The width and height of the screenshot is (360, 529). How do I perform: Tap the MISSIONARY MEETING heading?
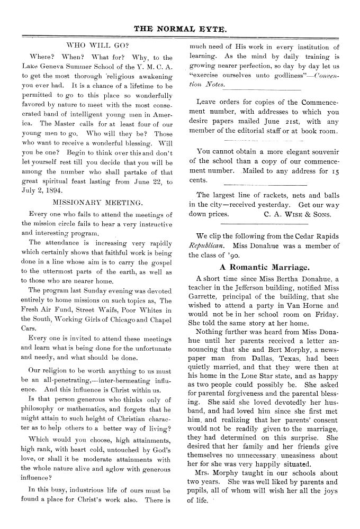click(x=97, y=202)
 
